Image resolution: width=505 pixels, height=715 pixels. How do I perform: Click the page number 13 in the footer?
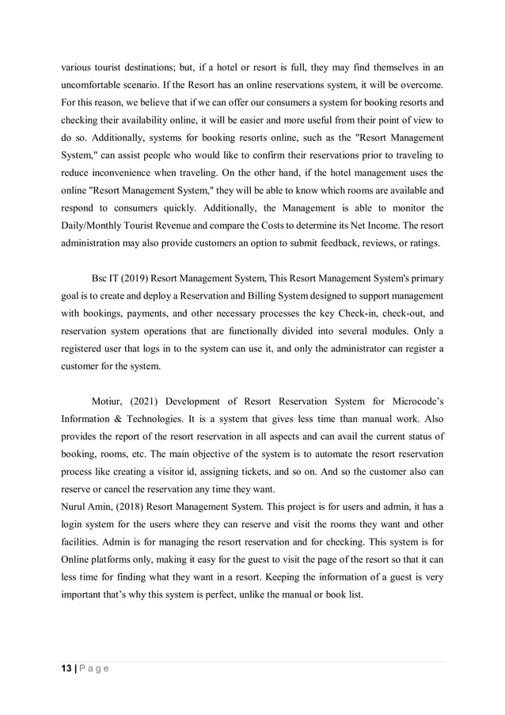coord(66,669)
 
